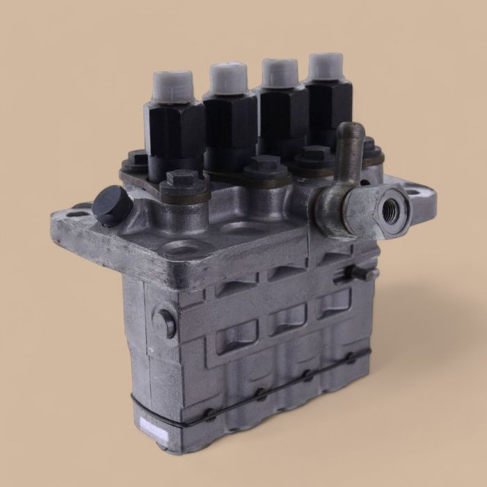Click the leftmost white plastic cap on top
168,88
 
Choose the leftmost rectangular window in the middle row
233,340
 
